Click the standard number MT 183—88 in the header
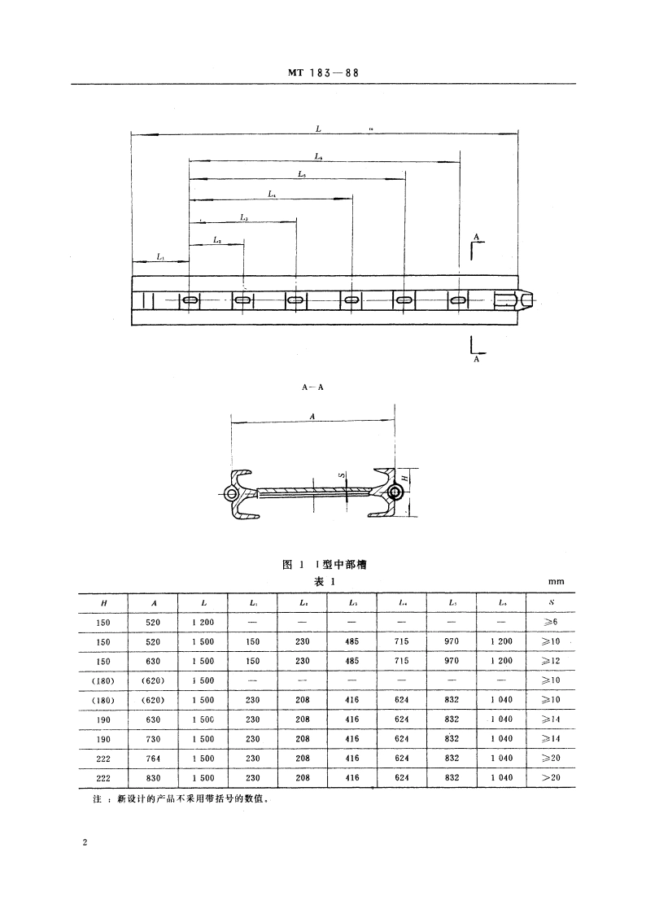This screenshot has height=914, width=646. [x=323, y=72]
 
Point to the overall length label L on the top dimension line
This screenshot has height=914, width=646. [x=318, y=129]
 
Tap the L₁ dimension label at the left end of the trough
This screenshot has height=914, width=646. [x=160, y=257]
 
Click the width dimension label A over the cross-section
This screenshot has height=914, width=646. [x=313, y=416]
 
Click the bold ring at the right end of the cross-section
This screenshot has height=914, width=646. [x=395, y=493]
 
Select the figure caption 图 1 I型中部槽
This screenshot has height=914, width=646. [x=323, y=565]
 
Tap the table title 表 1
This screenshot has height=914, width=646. [x=325, y=581]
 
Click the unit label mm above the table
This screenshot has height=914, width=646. [x=557, y=582]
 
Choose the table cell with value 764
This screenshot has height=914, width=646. [x=155, y=758]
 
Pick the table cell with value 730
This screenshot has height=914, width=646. [x=155, y=738]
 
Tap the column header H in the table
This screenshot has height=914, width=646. [x=104, y=602]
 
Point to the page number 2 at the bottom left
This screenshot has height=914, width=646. [x=85, y=843]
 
